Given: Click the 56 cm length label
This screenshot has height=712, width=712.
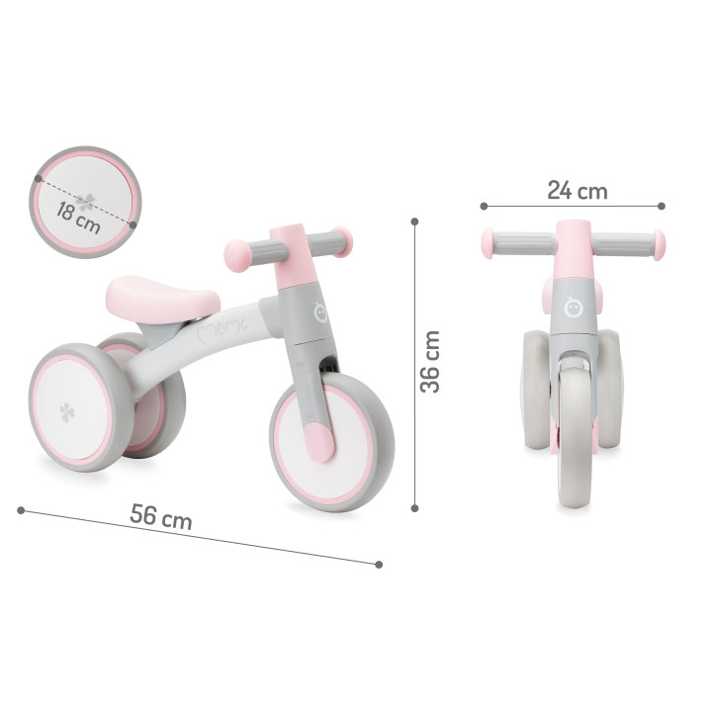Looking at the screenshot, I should coord(160,516).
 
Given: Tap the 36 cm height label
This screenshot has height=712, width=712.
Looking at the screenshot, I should coord(430,362).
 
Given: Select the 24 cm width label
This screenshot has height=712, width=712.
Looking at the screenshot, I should coord(577,191).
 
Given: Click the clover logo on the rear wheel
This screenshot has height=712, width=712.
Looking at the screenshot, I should coord(66,412).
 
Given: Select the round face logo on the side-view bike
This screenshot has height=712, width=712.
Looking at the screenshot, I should coord(319,311).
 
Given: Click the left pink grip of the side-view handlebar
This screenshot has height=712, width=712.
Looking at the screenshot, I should coord(236,253).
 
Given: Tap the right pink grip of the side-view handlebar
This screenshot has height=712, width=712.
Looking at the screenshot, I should coord(340,240).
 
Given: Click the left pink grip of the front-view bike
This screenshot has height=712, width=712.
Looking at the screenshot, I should coord(488,243).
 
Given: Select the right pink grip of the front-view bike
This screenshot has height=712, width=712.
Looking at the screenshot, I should coord(659,244).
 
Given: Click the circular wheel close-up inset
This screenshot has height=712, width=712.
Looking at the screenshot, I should coord(85,203).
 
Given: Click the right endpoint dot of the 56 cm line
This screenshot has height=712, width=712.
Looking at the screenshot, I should coord(379,564).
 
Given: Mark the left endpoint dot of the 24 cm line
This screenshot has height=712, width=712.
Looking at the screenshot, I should coord(484,206).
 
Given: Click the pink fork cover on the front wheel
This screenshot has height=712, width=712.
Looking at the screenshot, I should coord(320,441).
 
